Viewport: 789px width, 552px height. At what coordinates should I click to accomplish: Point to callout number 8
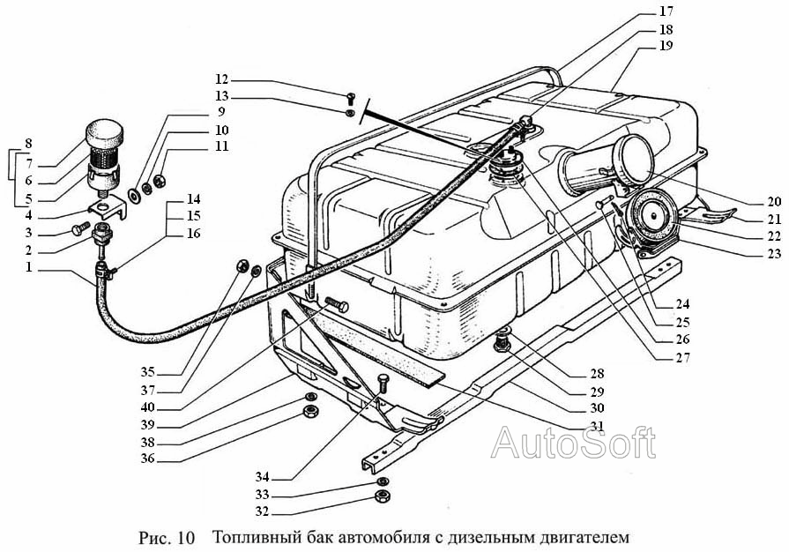tap(28, 143)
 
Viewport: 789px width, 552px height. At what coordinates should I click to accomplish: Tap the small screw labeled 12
tap(351, 98)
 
